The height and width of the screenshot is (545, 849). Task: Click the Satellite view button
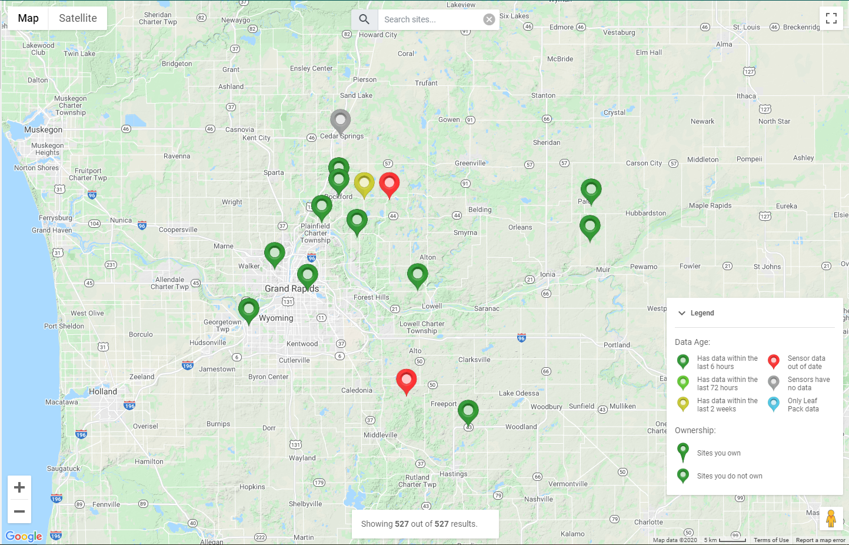pos(78,18)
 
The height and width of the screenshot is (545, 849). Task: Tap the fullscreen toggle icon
pos(831,18)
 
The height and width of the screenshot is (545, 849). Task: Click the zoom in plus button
pos(19,487)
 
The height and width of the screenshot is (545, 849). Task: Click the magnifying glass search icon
pos(364,19)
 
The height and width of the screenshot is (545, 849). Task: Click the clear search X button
pos(489,19)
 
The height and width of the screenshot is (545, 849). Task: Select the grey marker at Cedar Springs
pos(340,121)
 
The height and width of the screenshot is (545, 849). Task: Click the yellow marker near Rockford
pos(364,184)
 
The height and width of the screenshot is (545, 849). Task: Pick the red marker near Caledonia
pos(406,380)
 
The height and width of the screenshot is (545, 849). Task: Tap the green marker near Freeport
pos(468,411)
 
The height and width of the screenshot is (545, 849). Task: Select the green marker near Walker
pos(274,254)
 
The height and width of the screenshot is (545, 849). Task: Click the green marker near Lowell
pos(417,275)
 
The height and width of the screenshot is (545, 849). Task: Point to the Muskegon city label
pos(43,129)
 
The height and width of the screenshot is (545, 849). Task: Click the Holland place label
pos(103,391)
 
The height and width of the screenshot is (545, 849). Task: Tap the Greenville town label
pos(470,163)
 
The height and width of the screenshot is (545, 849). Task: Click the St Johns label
pos(767,267)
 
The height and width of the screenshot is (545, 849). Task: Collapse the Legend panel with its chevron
pos(682,313)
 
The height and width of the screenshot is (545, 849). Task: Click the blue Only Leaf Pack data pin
pos(774,403)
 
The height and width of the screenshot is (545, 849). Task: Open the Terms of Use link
pos(771,540)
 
